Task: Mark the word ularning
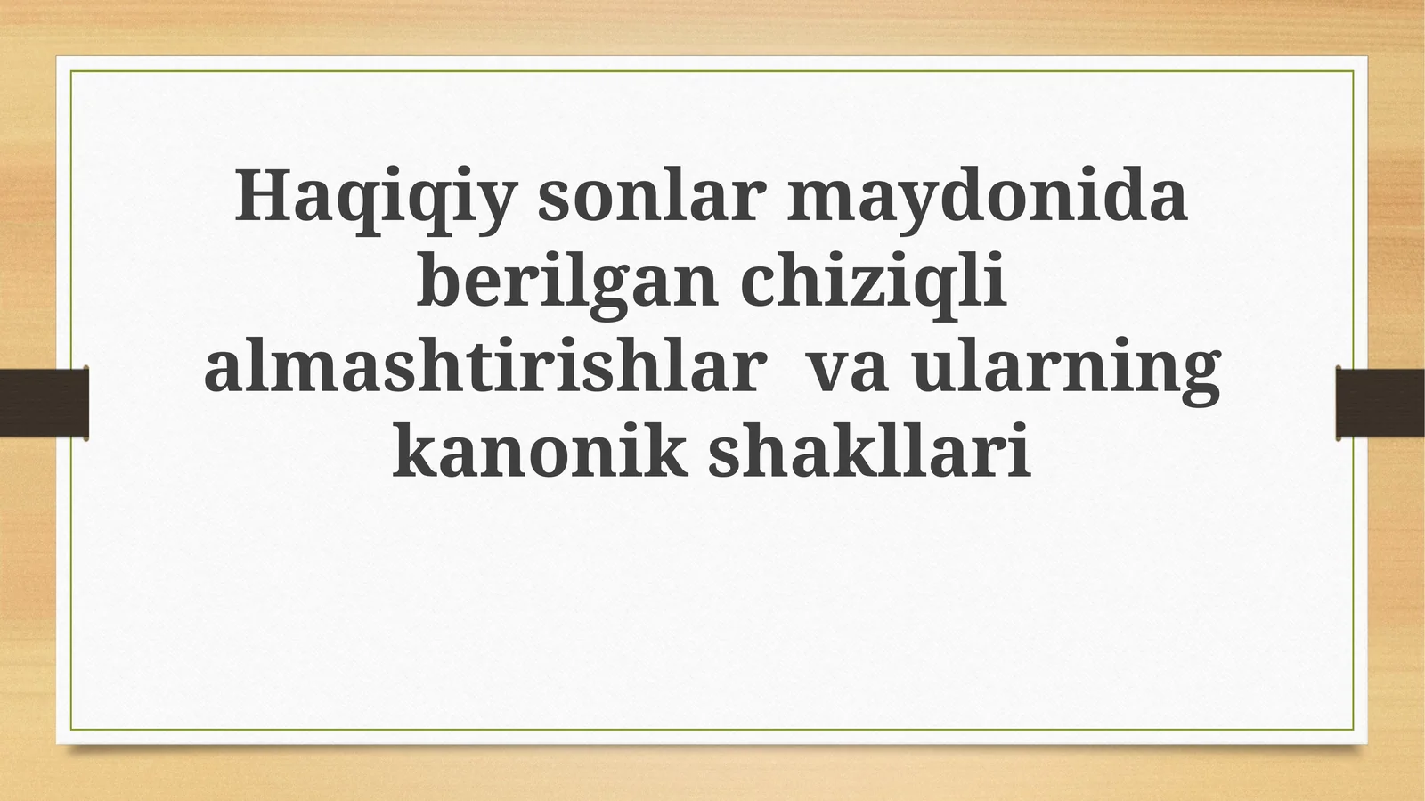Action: [x=1066, y=369]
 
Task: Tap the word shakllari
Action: [x=869, y=453]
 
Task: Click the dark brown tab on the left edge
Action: [x=44, y=403]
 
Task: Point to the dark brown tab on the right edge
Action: [x=1380, y=403]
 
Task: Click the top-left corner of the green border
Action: [x=71, y=71]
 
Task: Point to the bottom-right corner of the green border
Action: [x=1354, y=730]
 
